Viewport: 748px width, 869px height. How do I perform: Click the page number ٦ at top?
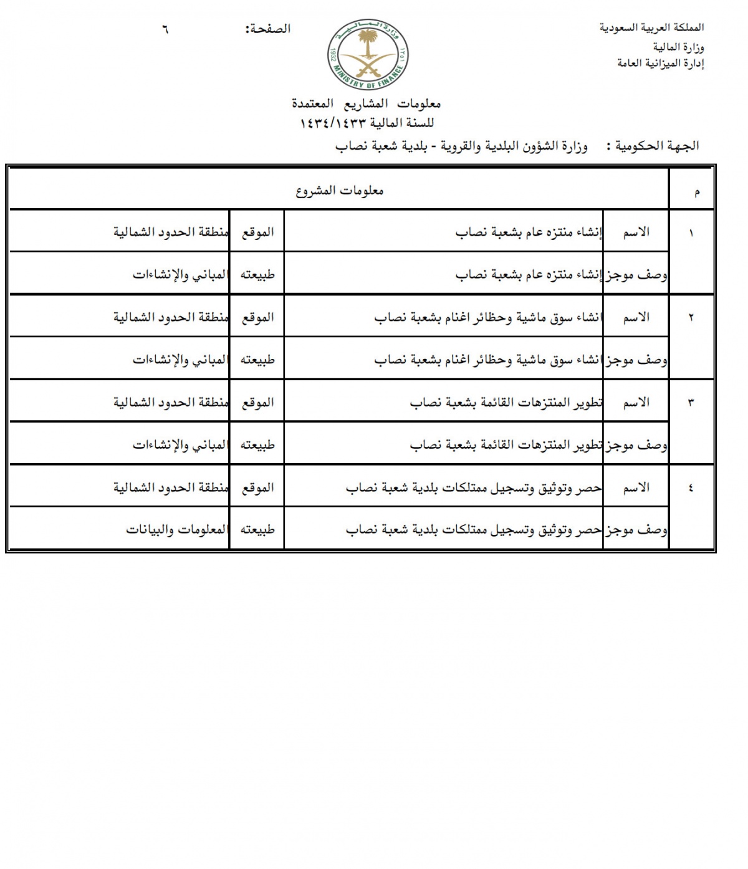pyautogui.click(x=165, y=29)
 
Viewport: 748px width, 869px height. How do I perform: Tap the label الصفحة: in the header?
pyautogui.click(x=268, y=29)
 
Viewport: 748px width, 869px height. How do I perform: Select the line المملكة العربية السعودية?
pyautogui.click(x=651, y=27)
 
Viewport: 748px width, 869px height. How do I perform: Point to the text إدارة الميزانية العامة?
pyautogui.click(x=660, y=63)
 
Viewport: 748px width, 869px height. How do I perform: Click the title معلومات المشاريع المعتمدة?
pyautogui.click(x=367, y=103)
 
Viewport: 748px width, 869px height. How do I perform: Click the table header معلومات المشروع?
pyautogui.click(x=340, y=191)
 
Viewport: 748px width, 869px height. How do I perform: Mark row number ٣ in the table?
pyautogui.click(x=691, y=403)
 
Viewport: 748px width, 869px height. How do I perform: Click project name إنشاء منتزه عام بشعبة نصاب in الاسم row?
pyautogui.click(x=529, y=233)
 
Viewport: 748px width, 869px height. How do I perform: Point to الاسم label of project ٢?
pyautogui.click(x=636, y=317)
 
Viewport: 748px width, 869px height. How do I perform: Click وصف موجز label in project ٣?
pyautogui.click(x=636, y=445)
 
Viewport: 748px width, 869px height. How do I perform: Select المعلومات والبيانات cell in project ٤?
pyautogui.click(x=177, y=530)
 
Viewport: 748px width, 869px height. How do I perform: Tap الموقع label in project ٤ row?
pyautogui.click(x=257, y=487)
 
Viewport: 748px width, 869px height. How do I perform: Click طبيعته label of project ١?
pyautogui.click(x=257, y=275)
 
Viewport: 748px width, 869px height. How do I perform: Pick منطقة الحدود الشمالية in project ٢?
pyautogui.click(x=171, y=317)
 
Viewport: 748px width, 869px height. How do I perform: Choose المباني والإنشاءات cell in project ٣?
pyautogui.click(x=180, y=445)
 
